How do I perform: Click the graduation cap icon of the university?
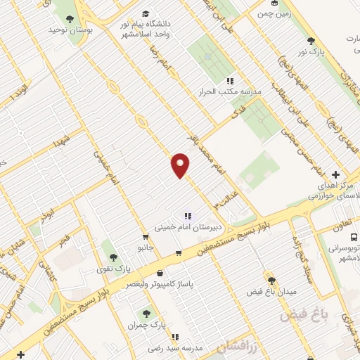tap(146, 13)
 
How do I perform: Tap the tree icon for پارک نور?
tap(311, 41)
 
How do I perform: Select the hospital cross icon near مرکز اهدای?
tap(335, 174)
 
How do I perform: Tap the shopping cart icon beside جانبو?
tap(145, 237)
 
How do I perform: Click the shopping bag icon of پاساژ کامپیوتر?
tap(160, 273)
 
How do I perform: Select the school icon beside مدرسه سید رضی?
tap(174, 337)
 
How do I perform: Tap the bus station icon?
tap(352, 238)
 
